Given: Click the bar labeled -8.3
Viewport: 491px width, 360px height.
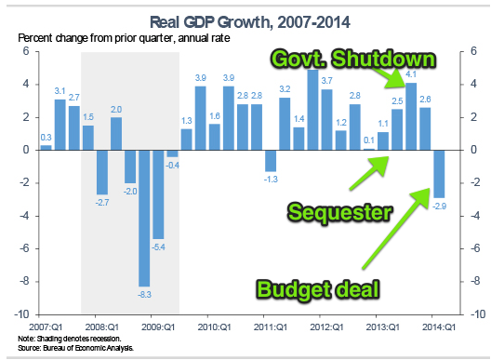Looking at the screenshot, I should (144, 217).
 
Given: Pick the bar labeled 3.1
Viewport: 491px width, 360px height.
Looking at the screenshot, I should (60, 124).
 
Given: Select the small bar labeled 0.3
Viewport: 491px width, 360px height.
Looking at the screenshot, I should (46, 147).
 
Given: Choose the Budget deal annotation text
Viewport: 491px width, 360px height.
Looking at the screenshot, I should (318, 289).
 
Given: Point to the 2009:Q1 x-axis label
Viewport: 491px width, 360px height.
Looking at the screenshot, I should (158, 327).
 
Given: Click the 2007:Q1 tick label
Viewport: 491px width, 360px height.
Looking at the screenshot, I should (46, 327).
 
